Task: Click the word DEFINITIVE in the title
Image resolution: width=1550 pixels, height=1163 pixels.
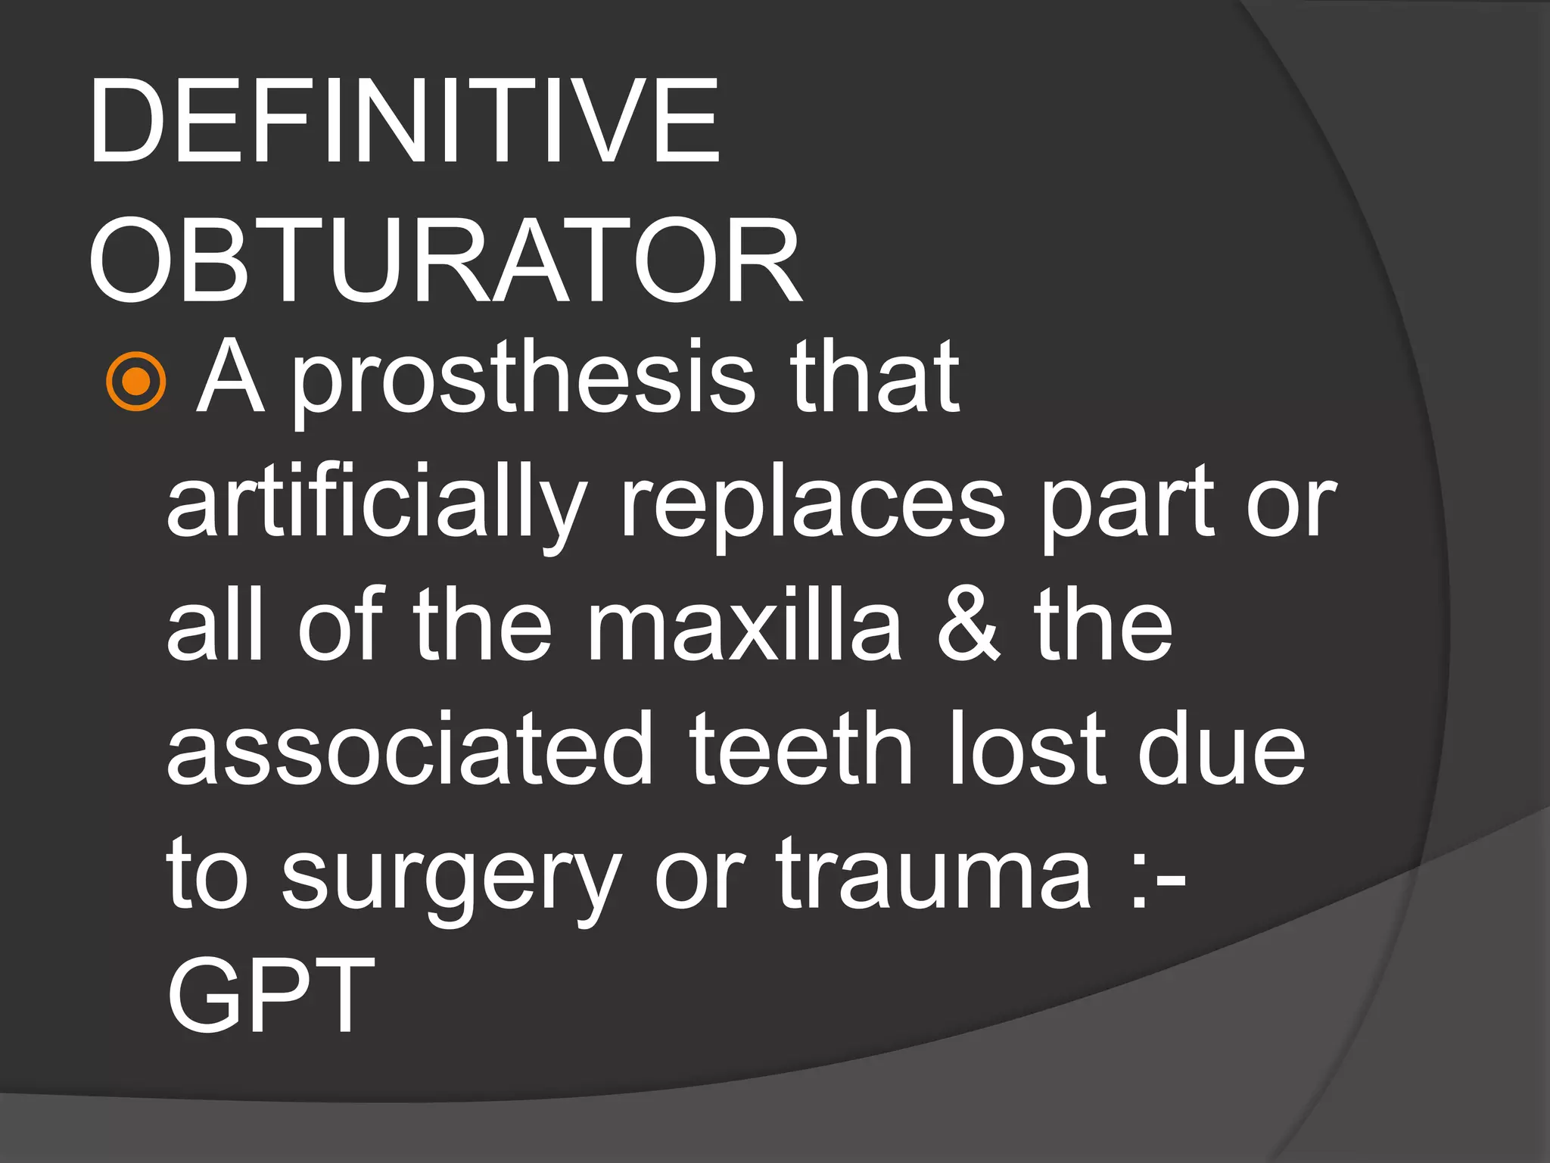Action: point(404,121)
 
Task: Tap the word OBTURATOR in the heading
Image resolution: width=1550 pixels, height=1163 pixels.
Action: point(445,261)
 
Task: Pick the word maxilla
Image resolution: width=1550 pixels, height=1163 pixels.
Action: point(745,628)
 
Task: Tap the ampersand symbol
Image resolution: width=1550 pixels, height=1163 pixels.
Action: point(968,628)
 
